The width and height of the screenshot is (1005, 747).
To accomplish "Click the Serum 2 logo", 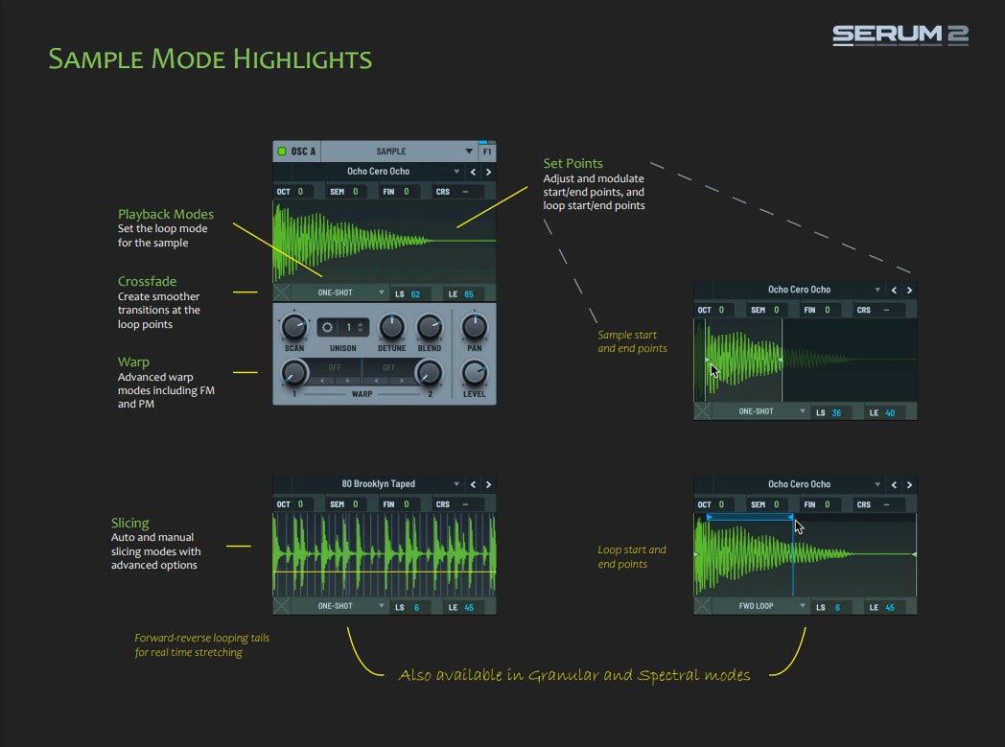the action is [900, 35].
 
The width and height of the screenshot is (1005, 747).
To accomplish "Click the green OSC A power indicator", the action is [281, 152].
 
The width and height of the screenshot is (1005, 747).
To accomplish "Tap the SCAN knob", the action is [294, 327].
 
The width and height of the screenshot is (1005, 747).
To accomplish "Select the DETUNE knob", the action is [391, 327].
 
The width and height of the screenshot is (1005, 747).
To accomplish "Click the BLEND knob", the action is [430, 327].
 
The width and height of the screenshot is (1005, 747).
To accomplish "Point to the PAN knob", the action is [475, 327].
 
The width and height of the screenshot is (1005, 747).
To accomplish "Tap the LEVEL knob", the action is [475, 373].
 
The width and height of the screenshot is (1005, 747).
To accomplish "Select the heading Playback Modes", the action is [165, 214].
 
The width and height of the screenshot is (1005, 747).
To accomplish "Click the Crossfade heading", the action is [147, 281].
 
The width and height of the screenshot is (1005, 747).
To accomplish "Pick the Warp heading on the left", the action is [133, 362].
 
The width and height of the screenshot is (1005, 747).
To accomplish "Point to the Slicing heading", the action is [130, 523].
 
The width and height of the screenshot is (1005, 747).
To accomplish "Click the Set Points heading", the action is [573, 163].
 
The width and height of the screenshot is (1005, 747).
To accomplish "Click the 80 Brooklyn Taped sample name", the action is [378, 483].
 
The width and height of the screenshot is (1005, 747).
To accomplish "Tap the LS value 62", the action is [415, 294].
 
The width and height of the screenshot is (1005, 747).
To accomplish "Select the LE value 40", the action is [890, 412].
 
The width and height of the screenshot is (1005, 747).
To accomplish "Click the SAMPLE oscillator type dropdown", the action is [398, 152].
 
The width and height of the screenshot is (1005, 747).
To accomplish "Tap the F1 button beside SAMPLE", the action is [487, 152].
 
